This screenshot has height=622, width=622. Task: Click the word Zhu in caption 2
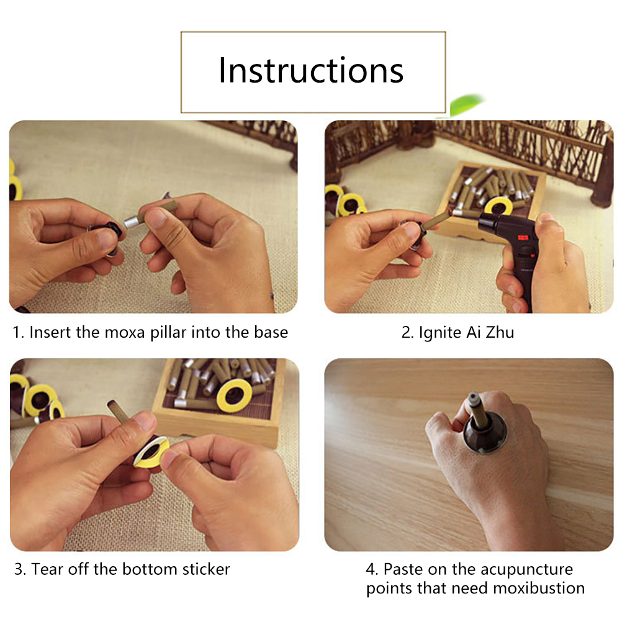(500, 332)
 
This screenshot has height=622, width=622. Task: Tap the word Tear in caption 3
(47, 569)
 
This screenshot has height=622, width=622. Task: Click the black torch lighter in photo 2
(512, 254)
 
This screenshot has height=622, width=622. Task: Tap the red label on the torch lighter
(522, 238)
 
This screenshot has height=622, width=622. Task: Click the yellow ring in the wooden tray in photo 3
(234, 395)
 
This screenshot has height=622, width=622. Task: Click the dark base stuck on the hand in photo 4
(485, 433)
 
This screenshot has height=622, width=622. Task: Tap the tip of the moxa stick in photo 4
(472, 396)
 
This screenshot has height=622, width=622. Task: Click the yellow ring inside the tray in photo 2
(499, 205)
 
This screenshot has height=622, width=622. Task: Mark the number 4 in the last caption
(371, 570)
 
